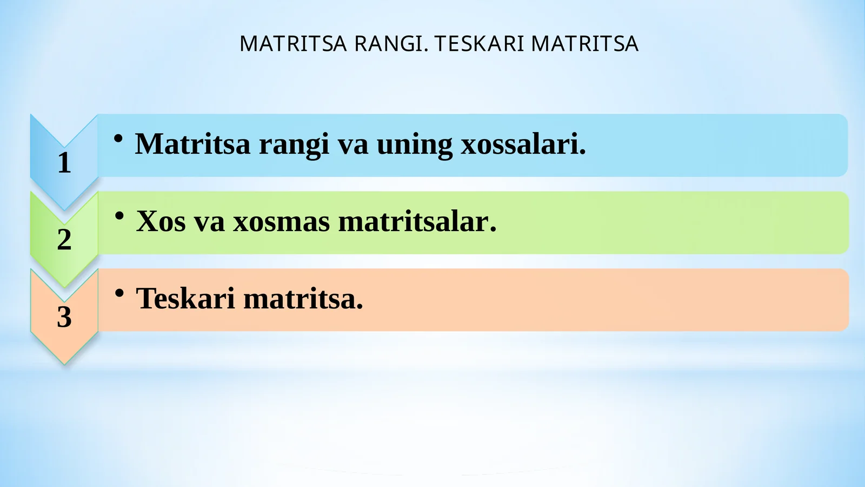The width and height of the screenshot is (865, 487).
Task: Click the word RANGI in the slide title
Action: [391, 44]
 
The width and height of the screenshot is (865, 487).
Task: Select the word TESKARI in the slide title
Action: [480, 44]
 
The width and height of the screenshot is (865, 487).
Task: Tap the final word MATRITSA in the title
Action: [584, 44]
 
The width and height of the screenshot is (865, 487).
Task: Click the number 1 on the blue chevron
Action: [64, 162]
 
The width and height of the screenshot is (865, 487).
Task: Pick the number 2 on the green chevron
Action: [64, 239]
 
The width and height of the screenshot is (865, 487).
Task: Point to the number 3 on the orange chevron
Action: [64, 317]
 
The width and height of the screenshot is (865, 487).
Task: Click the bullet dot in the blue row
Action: [118, 139]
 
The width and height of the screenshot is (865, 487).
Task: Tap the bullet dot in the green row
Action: [119, 216]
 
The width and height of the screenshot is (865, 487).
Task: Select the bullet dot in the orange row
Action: [119, 293]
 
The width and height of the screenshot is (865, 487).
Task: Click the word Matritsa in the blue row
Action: [192, 144]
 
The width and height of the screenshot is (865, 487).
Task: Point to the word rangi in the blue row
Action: [294, 145]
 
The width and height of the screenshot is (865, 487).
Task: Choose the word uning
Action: [414, 145]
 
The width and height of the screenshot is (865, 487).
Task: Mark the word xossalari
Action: [523, 144]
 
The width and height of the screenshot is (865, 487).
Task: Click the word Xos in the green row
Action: [161, 221]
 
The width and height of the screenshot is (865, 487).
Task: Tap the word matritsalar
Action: [416, 221]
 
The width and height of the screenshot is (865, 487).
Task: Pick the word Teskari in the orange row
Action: [185, 299]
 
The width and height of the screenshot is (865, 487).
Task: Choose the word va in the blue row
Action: [352, 145]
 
